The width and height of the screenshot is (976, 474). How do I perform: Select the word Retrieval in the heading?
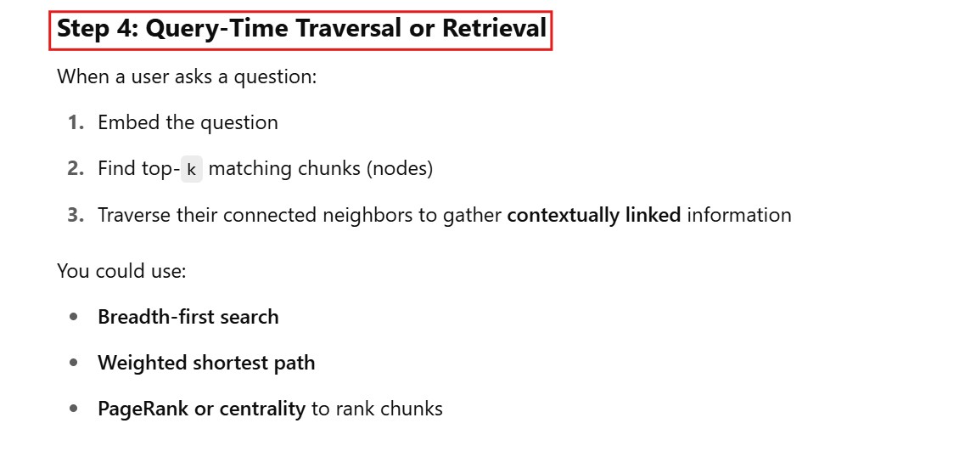(x=494, y=30)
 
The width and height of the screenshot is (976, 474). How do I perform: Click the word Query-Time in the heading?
(x=217, y=30)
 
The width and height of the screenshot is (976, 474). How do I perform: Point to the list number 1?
(x=76, y=123)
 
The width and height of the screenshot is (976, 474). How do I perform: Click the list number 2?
(x=76, y=169)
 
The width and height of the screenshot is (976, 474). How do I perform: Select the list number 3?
(x=76, y=215)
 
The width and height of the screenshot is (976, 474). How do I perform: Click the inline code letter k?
(x=191, y=170)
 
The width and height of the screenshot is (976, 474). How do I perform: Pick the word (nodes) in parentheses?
(x=400, y=169)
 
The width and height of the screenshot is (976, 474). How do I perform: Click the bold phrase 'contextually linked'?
(x=593, y=215)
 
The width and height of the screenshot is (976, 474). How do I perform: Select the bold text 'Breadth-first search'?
(x=188, y=317)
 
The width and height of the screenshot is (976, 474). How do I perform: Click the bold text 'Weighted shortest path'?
(x=206, y=363)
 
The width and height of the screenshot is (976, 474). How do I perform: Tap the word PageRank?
(x=143, y=409)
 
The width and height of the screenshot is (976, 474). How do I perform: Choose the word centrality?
(x=262, y=409)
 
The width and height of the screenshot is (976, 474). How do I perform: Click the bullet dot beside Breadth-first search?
(x=75, y=317)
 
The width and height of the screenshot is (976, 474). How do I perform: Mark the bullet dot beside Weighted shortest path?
(x=75, y=363)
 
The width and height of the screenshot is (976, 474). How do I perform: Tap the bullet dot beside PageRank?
(x=75, y=409)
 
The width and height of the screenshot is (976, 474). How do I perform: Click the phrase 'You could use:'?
(x=121, y=271)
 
